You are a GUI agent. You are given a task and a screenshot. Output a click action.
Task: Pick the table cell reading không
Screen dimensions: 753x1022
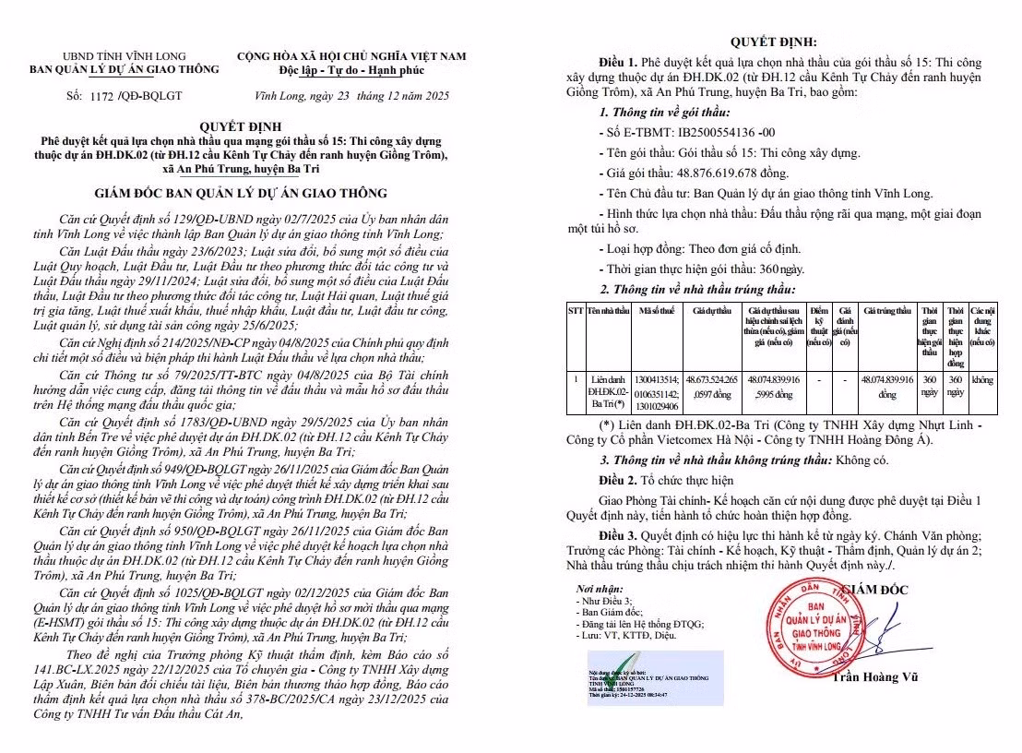pos(982,379)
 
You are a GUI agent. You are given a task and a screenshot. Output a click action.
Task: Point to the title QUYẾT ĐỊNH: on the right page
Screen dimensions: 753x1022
pos(773,42)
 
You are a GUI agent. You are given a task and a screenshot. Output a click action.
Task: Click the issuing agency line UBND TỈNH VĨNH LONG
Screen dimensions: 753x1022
pos(125,56)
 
